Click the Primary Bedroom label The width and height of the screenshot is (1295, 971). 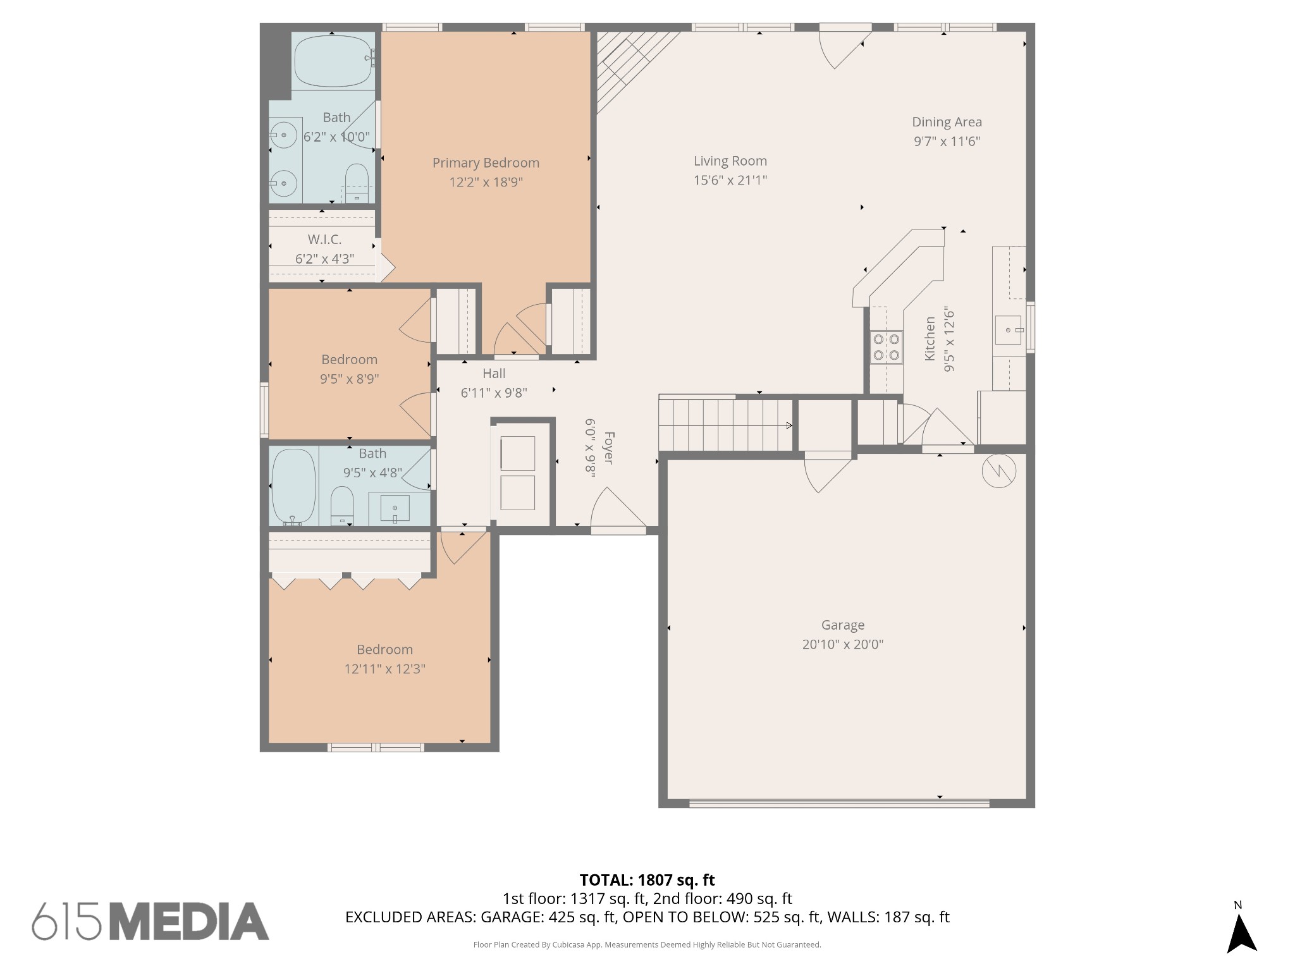tap(486, 162)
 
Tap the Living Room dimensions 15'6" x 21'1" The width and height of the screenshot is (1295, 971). tap(730, 180)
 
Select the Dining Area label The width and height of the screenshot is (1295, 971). tap(947, 122)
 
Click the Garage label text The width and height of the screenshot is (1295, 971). tap(843, 625)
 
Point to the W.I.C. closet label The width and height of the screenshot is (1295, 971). tap(324, 240)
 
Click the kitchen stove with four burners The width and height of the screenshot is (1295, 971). tap(886, 347)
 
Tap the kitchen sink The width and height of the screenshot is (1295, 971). tap(1008, 329)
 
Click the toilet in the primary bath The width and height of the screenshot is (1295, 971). tap(357, 183)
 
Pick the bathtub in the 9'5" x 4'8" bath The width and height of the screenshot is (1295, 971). tap(293, 487)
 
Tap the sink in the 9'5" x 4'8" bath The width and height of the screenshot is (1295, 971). tap(395, 508)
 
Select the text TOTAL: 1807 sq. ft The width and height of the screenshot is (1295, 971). tap(647, 880)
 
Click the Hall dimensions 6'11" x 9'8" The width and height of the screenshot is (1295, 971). tap(494, 393)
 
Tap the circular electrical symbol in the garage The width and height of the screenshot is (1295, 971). tap(999, 471)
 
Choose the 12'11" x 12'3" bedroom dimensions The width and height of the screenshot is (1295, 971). tap(384, 669)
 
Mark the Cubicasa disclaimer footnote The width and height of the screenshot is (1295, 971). tap(647, 945)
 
